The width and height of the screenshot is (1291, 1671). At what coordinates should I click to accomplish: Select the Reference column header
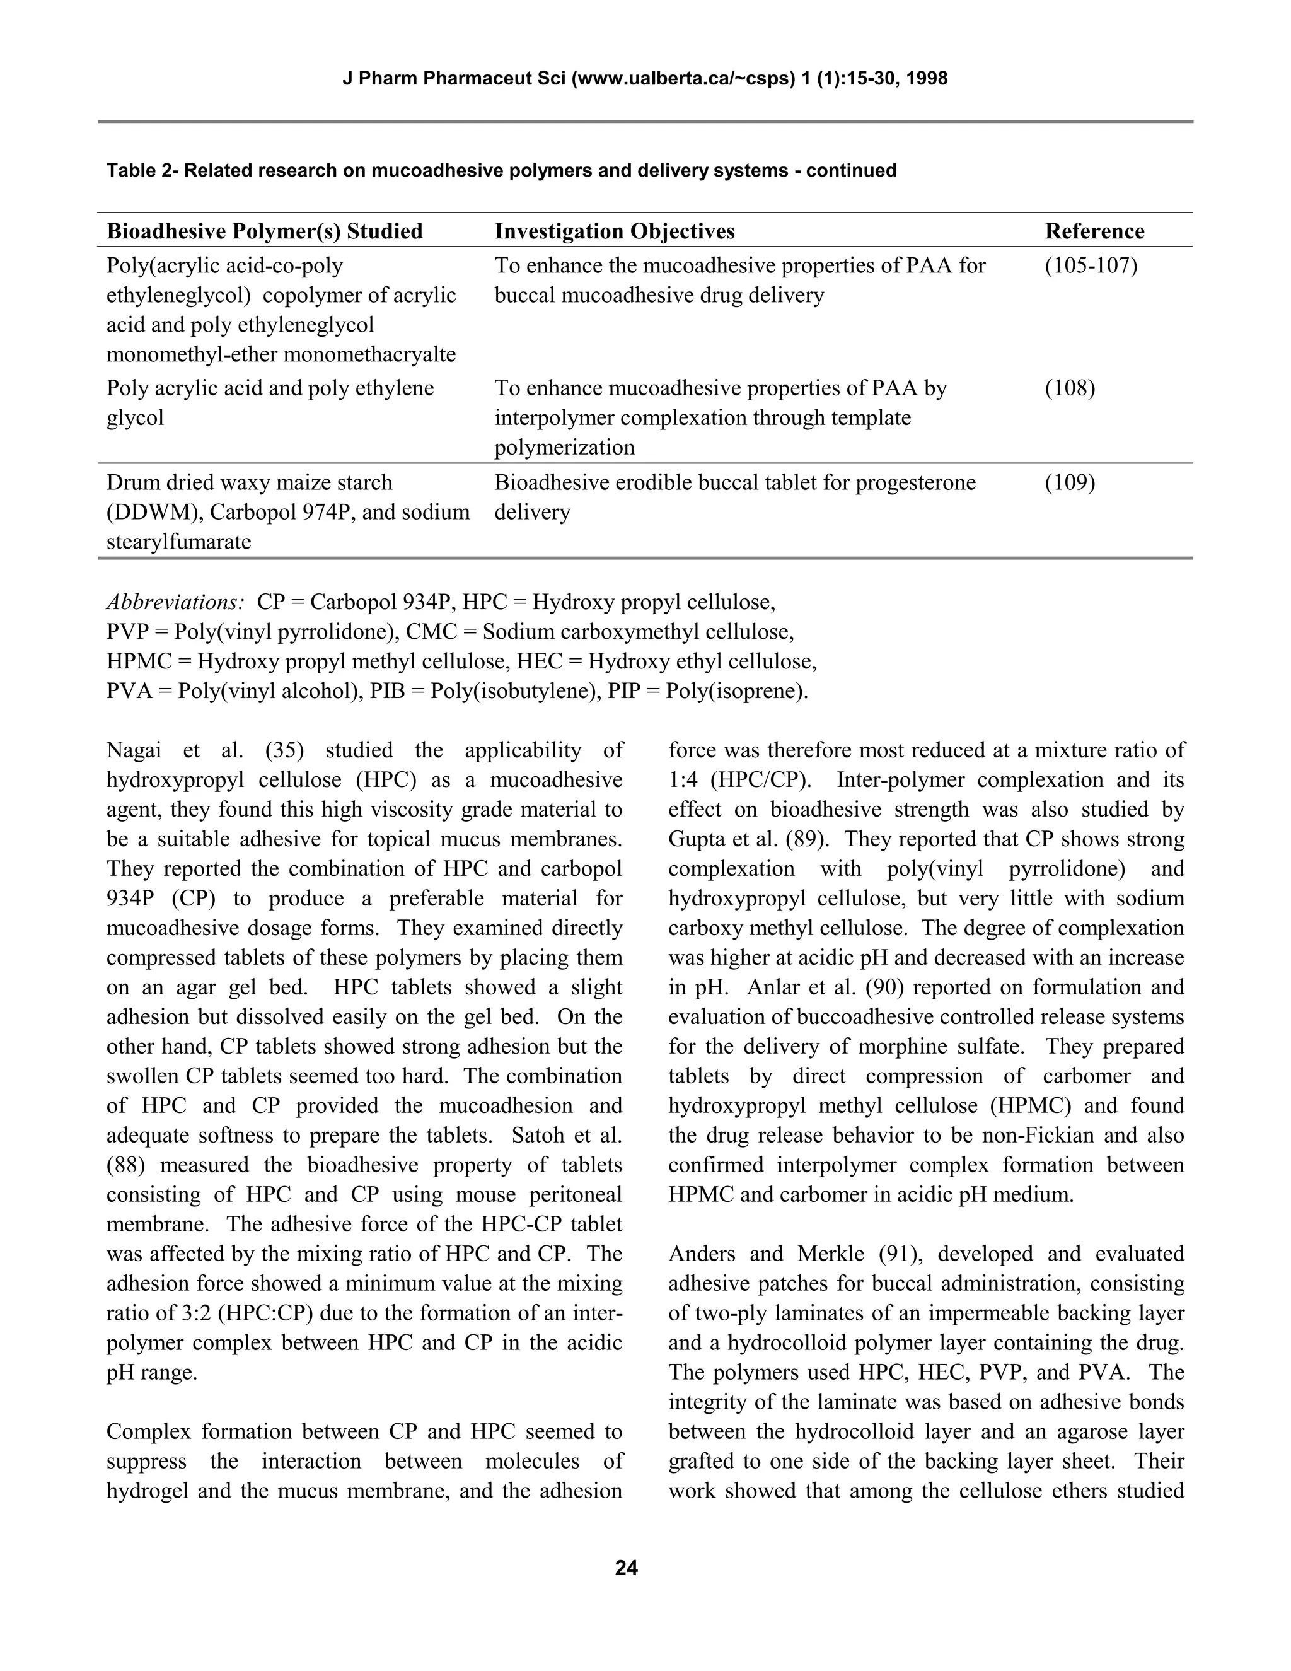pyautogui.click(x=1094, y=231)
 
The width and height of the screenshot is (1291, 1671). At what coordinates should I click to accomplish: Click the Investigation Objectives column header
pyautogui.click(x=614, y=231)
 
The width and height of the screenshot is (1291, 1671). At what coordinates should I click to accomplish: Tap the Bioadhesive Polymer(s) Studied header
pyautogui.click(x=265, y=231)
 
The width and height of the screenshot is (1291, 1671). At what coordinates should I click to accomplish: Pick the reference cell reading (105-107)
pyautogui.click(x=1091, y=265)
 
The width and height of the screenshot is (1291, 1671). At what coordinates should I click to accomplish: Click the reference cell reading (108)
pyautogui.click(x=1070, y=388)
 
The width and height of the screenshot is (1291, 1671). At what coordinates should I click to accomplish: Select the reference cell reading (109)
pyautogui.click(x=1070, y=483)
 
